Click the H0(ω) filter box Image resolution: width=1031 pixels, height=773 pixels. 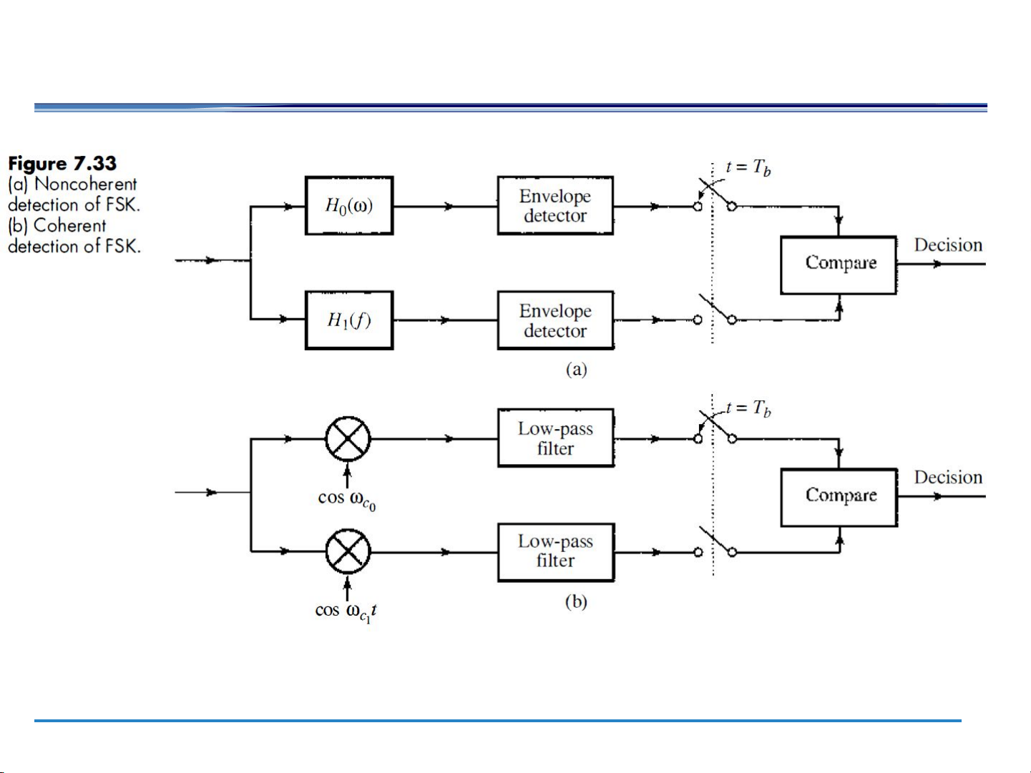349,206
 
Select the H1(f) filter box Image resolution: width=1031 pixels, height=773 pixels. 349,320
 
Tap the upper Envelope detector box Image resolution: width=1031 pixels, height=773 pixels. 555,206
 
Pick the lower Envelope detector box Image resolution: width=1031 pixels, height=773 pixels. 555,320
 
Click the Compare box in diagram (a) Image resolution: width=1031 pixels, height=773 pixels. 839,265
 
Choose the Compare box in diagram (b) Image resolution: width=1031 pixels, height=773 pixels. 839,497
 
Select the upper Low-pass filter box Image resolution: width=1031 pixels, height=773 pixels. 556,438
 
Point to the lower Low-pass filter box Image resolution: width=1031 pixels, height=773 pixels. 556,552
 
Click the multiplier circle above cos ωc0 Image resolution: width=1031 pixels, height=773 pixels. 348,438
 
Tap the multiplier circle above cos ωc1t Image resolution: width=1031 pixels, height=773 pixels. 348,551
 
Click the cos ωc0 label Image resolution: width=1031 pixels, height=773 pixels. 347,499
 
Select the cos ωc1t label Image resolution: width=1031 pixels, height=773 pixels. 346,612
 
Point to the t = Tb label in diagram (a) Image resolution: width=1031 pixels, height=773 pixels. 748,168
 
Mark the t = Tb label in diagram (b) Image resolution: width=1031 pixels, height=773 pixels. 748,409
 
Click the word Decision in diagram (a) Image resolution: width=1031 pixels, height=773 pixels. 948,245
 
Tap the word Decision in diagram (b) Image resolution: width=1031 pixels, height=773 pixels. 948,478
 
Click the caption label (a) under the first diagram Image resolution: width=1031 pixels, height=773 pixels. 576,370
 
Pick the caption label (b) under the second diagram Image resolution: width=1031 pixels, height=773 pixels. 576,602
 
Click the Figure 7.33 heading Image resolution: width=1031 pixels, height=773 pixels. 62,164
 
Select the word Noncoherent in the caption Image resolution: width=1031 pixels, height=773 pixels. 86,184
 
